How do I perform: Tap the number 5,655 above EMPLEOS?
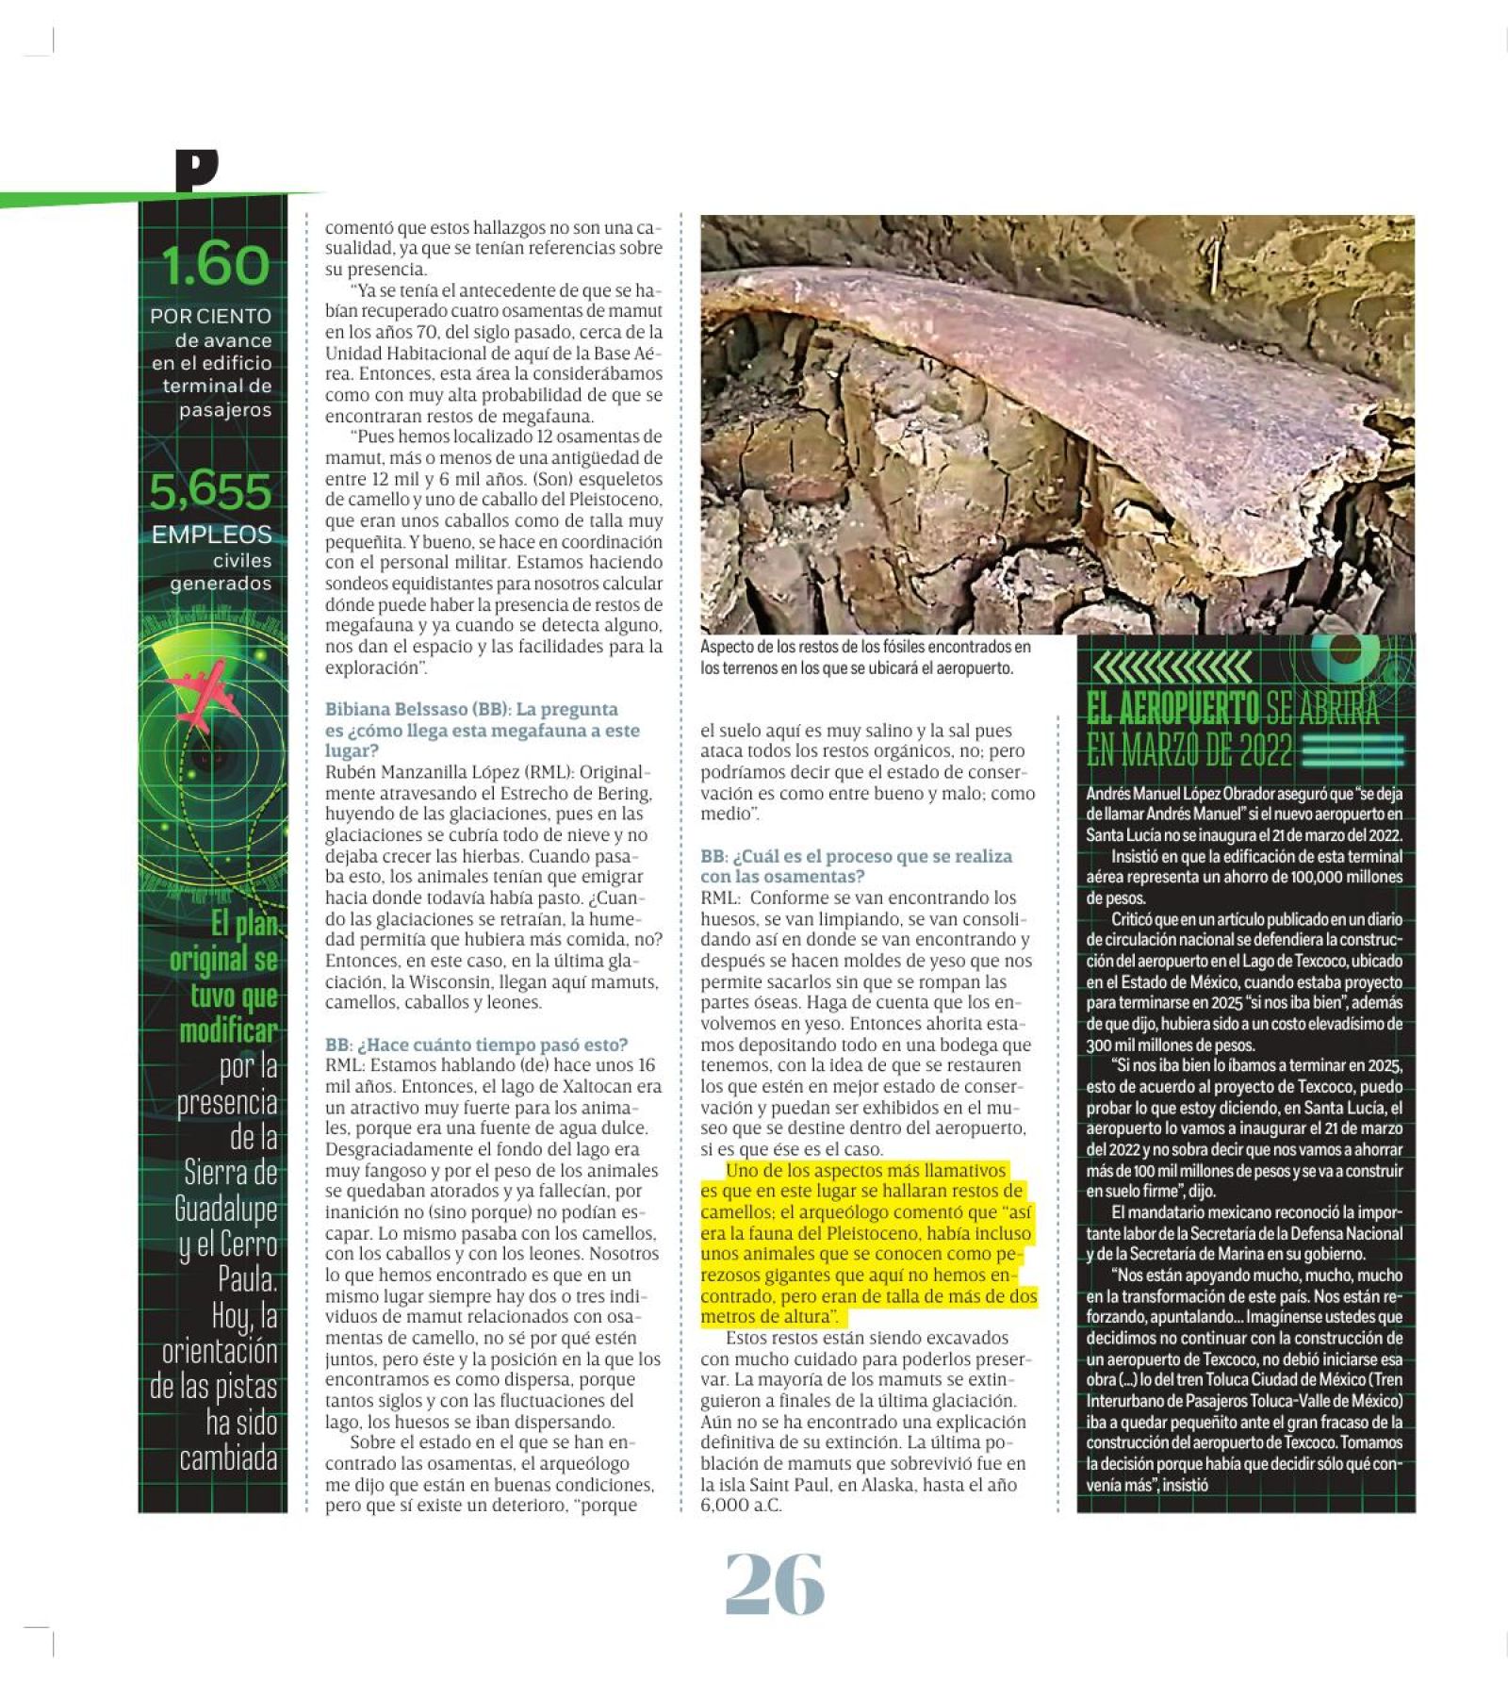211,491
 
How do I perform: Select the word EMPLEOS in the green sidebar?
212,535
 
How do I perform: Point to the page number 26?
774,1585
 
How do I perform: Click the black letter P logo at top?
196,171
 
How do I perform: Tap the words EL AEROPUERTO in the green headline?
1172,708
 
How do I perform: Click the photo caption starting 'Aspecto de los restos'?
865,657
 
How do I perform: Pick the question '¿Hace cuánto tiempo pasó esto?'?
491,1045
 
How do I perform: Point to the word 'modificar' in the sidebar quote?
229,1030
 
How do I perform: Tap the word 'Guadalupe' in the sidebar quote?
226,1209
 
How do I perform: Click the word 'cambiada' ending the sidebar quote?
229,1458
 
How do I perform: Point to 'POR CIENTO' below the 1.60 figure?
210,317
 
